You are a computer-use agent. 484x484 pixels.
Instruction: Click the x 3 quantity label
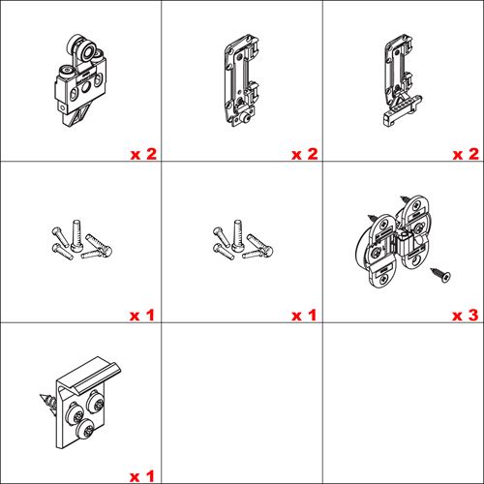(x=465, y=316)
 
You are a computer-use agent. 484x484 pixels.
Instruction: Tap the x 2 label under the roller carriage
(x=143, y=154)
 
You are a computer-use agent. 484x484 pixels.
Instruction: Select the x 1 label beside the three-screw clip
(x=142, y=476)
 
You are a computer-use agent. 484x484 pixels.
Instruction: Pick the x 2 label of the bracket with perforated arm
(x=466, y=154)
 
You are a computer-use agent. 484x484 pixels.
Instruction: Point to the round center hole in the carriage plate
(x=86, y=86)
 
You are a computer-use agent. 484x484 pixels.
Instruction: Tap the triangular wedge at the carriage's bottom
(x=76, y=115)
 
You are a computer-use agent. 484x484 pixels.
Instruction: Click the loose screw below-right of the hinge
(x=440, y=275)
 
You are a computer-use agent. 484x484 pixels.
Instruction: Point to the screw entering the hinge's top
(x=406, y=199)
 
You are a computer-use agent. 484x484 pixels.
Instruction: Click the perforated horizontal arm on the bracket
(x=403, y=109)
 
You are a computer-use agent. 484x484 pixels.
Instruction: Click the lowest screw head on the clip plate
(x=85, y=429)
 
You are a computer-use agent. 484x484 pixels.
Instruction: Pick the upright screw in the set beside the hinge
(x=237, y=235)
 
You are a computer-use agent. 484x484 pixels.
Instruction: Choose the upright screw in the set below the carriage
(x=76, y=235)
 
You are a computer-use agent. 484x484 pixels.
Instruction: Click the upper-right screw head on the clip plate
(x=96, y=401)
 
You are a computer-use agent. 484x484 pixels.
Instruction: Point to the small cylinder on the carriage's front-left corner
(x=66, y=72)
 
